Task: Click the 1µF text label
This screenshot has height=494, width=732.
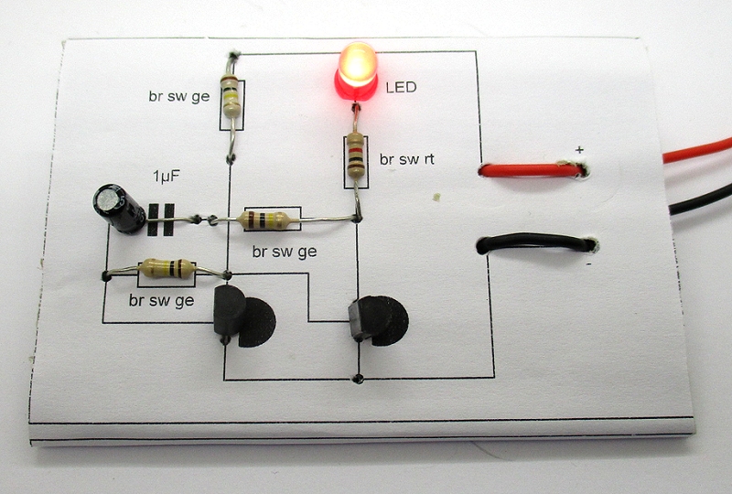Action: coord(166,175)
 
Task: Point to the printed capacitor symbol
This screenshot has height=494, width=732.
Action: coord(161,217)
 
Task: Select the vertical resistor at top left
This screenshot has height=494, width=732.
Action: coord(232,100)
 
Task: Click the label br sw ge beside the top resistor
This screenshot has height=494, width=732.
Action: coord(180,94)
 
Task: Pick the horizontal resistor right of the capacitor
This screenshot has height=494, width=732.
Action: coord(267,219)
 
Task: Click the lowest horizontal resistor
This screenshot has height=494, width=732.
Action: coord(167,269)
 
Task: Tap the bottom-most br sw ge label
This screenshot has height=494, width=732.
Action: coord(160,299)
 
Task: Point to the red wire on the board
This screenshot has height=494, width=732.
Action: coord(531,169)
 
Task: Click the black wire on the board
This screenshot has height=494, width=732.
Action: coord(535,243)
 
